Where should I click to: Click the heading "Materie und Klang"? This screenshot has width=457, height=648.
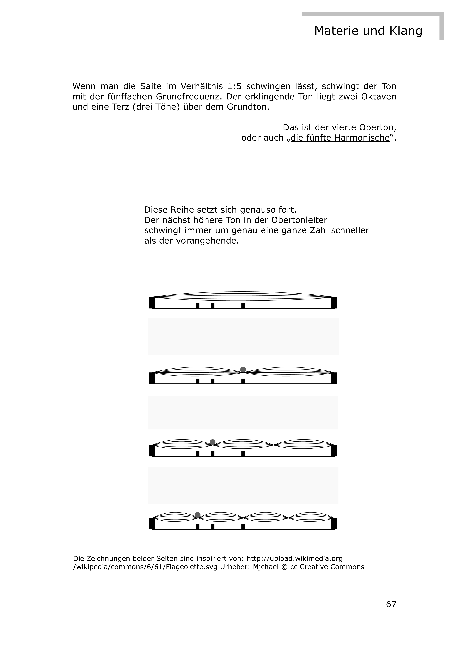click(x=368, y=31)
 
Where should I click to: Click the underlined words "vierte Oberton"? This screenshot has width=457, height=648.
click(x=364, y=128)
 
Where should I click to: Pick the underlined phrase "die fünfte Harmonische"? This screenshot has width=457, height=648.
click(x=340, y=138)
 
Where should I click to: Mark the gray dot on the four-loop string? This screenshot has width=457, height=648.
click(x=198, y=515)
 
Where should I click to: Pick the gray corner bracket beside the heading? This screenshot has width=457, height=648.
click(x=441, y=25)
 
